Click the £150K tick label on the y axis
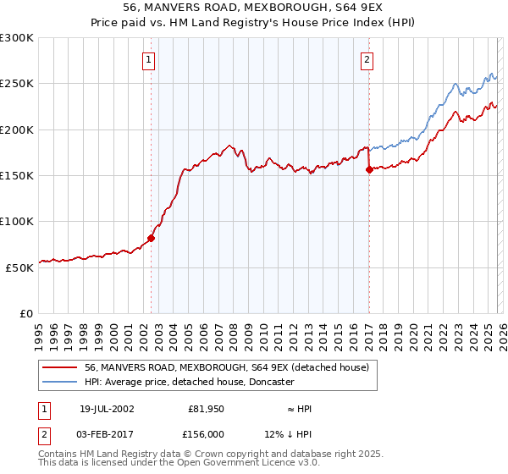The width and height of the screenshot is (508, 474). tap(17, 175)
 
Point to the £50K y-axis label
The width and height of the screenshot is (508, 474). tap(19, 267)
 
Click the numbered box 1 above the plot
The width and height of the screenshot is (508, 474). tap(149, 59)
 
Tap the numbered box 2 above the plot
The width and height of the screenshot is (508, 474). tap(367, 59)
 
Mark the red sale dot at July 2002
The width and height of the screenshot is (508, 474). tap(152, 238)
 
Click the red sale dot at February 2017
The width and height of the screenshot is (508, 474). tap(369, 169)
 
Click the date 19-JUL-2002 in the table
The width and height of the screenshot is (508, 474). tap(107, 409)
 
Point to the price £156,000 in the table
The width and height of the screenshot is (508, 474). tap(209, 433)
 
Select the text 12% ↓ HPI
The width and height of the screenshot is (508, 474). tap(288, 433)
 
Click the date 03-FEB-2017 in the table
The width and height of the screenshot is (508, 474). tap(107, 433)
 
